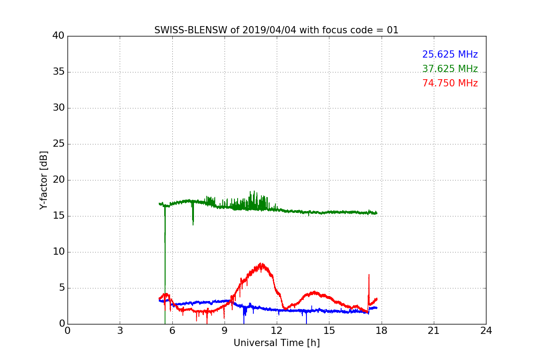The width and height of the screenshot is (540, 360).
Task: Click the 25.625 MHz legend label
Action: [x=450, y=54]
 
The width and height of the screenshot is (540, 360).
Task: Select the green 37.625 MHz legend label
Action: [x=450, y=69]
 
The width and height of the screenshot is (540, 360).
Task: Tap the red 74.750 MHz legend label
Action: [x=450, y=83]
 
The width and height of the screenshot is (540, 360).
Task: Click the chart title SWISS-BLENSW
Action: [x=191, y=30]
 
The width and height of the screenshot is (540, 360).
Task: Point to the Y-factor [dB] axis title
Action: [x=44, y=180]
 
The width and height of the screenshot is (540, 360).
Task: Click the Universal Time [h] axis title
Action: [x=277, y=343]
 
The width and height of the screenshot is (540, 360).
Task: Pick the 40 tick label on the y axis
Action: [x=58, y=36]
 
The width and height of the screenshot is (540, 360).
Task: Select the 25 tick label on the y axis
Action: [x=58, y=144]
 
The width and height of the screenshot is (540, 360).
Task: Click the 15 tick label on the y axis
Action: [x=58, y=216]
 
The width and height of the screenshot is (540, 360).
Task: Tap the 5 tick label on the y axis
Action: [x=62, y=288]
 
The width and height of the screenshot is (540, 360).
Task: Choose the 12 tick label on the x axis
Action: [x=277, y=331]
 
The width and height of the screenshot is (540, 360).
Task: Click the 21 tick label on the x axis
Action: [x=434, y=331]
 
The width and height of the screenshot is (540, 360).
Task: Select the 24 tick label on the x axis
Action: [x=486, y=331]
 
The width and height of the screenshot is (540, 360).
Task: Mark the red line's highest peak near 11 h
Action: [x=261, y=263]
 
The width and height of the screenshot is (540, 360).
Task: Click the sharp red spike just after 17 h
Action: [x=369, y=274]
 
